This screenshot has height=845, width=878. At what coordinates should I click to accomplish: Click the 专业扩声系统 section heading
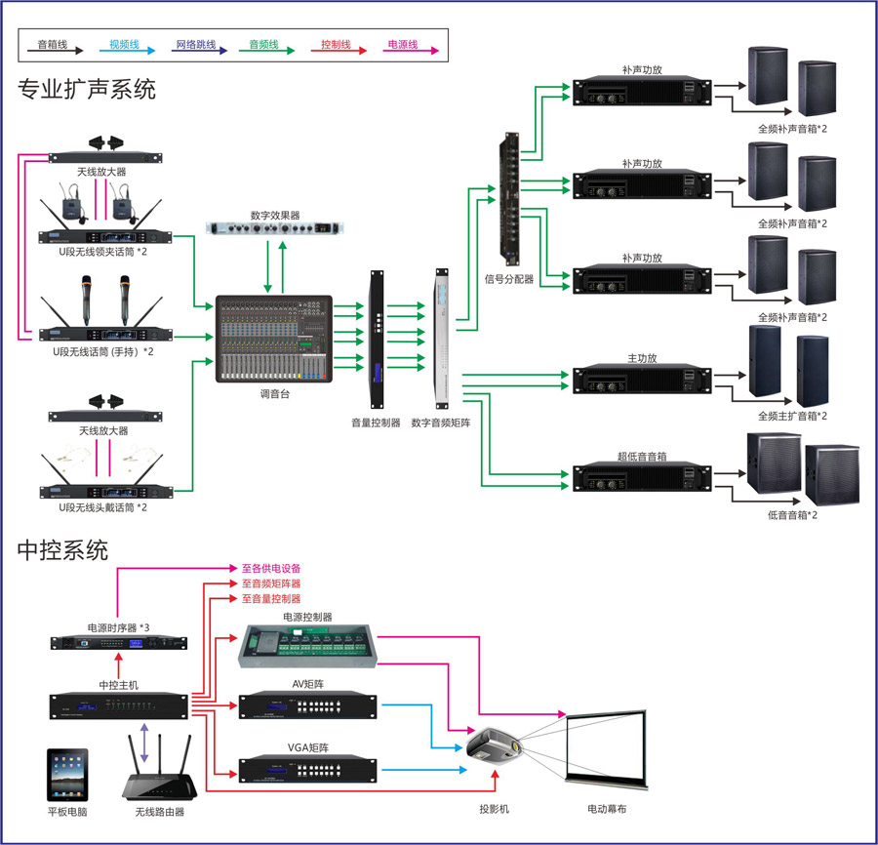pos(87,91)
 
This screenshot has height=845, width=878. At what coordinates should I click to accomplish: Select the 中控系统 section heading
pos(62,550)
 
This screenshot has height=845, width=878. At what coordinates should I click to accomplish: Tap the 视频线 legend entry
pos(124,45)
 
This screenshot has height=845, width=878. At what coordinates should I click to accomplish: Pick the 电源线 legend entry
pos(402,45)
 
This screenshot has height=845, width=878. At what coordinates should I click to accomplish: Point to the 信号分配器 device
pos(509,201)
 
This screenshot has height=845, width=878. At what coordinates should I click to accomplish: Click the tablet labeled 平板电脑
pos(67,775)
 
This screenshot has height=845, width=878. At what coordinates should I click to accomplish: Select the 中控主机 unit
pos(119,705)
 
